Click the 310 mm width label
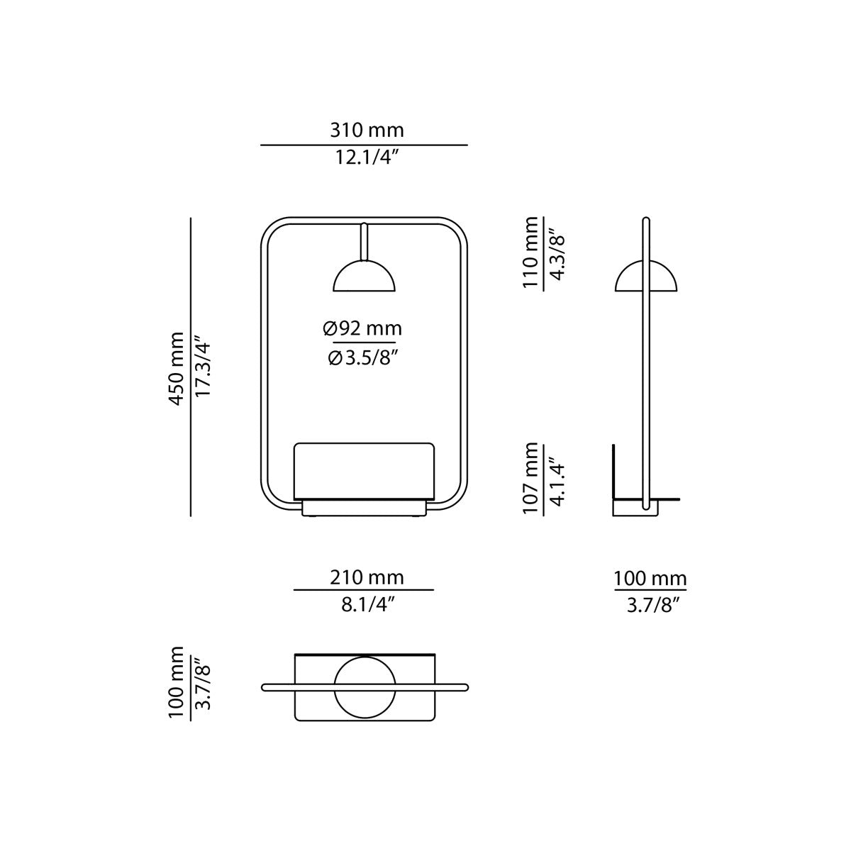[367, 130]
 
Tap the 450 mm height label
[177, 368]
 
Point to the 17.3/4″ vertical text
[204, 368]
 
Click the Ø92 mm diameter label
[362, 329]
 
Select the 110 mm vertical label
[531, 253]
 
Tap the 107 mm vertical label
[531, 479]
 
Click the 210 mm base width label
[367, 577]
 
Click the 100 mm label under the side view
[650, 579]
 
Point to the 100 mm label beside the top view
[177, 682]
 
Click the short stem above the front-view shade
[365, 242]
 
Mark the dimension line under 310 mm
[364, 145]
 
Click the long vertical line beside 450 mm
[191, 367]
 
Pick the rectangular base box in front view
[364, 470]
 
